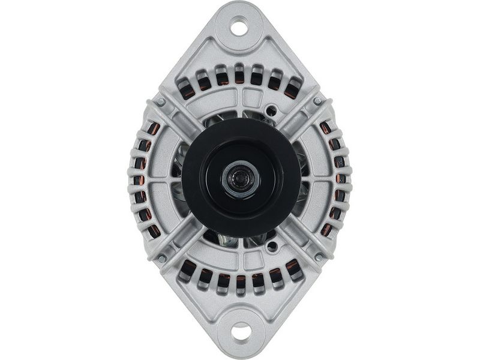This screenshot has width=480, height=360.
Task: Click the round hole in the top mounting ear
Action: click(x=239, y=27)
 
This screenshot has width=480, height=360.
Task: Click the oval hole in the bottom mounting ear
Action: click(x=241, y=331)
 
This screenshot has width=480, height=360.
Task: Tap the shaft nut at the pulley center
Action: click(x=240, y=178)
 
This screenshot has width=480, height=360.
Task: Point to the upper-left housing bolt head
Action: click(x=160, y=102)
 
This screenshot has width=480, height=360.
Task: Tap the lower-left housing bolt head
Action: click(x=160, y=258)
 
